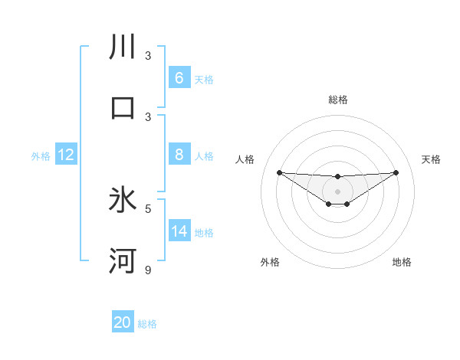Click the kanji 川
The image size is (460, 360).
(123, 47)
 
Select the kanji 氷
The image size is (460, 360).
(123, 200)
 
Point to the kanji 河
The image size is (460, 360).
(123, 260)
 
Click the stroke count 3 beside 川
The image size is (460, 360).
(148, 56)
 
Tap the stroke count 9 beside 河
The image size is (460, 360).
(148, 270)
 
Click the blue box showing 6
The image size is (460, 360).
(179, 77)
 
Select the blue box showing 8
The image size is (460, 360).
(179, 155)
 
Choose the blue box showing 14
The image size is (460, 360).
(179, 231)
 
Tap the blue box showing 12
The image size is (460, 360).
(65, 155)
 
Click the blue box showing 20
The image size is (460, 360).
(122, 322)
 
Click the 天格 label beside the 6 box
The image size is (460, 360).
(203, 80)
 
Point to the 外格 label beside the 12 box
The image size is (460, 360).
(41, 156)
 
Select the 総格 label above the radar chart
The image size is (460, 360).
(337, 100)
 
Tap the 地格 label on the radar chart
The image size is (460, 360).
(402, 262)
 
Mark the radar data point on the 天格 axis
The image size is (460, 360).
(396, 172)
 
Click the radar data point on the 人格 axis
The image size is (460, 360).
(279, 172)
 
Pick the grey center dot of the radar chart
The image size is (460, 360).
(337, 191)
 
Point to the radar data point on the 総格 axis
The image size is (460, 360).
(337, 177)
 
